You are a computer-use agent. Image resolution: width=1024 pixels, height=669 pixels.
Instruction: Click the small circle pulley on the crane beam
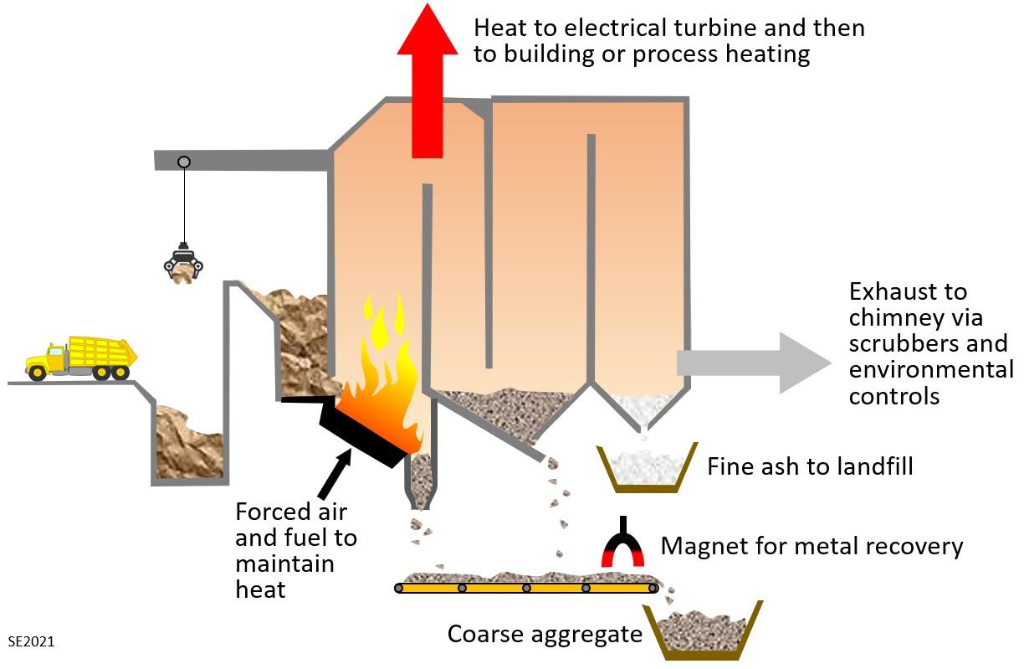tap(184, 162)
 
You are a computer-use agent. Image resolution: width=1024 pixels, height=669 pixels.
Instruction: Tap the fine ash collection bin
tap(647, 468)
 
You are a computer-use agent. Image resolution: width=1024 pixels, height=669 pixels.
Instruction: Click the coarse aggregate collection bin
tap(709, 630)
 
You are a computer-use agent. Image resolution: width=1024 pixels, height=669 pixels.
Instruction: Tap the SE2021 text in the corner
tap(31, 642)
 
